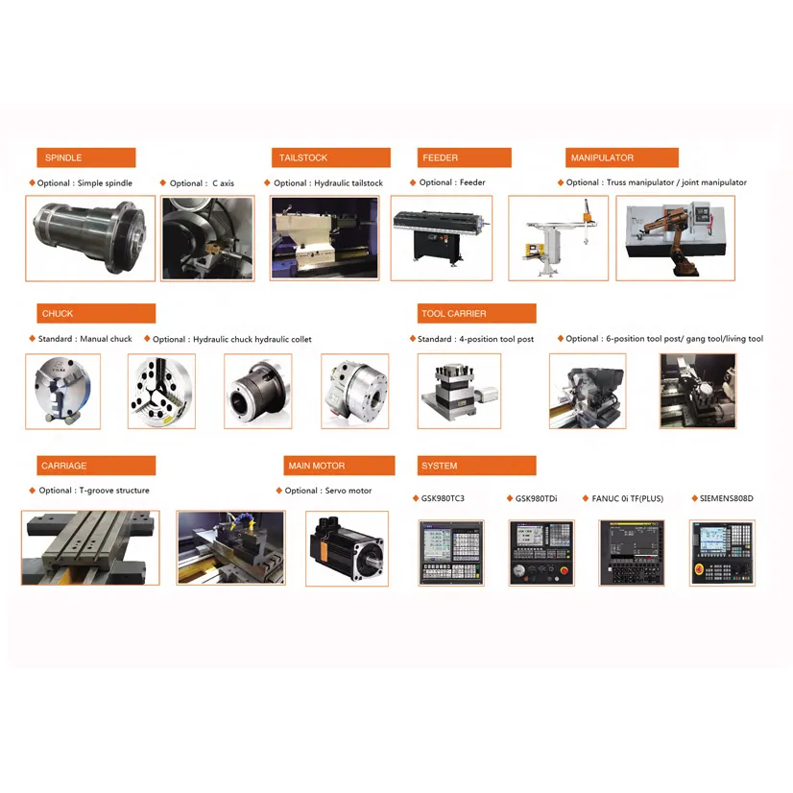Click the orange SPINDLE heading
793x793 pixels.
click(85, 158)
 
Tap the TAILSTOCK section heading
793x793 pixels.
click(331, 158)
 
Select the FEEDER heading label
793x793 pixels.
click(464, 158)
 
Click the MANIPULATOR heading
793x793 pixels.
click(622, 158)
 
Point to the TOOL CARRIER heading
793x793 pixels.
click(476, 314)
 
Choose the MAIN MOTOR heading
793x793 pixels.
click(340, 466)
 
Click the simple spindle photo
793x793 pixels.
click(90, 238)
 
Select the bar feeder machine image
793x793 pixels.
click(442, 238)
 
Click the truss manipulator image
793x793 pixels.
click(558, 238)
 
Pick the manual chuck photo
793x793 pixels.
click(61, 391)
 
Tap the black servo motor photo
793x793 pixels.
click(347, 548)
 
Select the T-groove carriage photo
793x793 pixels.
click(90, 547)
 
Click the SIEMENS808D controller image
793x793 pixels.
click(722, 553)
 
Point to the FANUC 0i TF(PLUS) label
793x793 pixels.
click(628, 499)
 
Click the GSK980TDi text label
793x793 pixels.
click(536, 499)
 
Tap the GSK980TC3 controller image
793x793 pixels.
click(452, 553)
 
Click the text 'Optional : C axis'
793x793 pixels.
click(202, 183)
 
